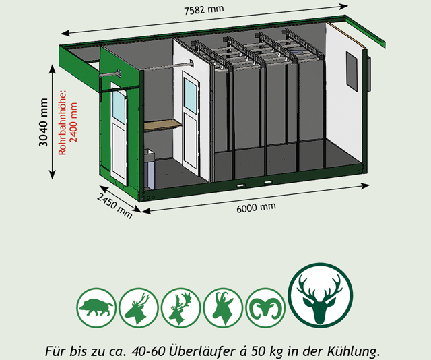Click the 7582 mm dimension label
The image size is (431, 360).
(x=204, y=10)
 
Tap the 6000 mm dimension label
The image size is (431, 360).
(x=256, y=207)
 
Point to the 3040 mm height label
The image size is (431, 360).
(x=43, y=122)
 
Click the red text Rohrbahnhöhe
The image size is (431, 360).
(x=62, y=122)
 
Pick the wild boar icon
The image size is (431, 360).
(x=96, y=307)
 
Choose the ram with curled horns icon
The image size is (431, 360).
(x=265, y=307)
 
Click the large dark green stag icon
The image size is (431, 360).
(x=321, y=295)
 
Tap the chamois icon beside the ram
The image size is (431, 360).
(x=223, y=307)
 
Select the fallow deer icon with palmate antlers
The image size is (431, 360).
(x=180, y=307)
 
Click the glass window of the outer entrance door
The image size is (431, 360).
(x=119, y=107)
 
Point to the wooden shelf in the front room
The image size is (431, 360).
(x=163, y=125)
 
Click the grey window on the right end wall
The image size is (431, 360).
(x=352, y=71)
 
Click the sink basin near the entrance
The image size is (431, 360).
(x=150, y=156)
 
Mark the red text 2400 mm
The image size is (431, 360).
(x=73, y=122)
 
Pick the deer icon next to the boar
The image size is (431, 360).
(x=139, y=307)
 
